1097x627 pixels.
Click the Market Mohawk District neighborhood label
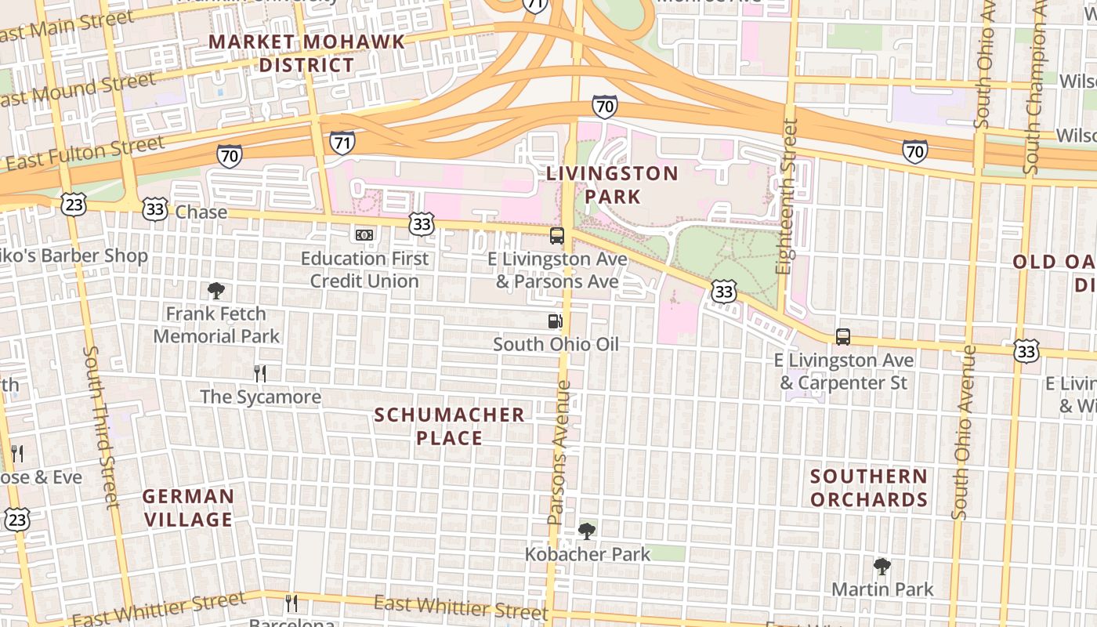(x=307, y=53)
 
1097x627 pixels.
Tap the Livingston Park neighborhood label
(x=612, y=185)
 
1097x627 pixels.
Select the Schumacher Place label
(x=449, y=426)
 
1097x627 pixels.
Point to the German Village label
(x=188, y=508)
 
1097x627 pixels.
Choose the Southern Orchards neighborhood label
(x=869, y=487)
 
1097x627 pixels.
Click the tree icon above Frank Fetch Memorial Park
(x=216, y=291)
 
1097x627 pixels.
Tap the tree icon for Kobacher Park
(x=586, y=531)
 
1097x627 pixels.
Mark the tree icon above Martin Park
(x=882, y=566)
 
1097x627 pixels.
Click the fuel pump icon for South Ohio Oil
(x=555, y=321)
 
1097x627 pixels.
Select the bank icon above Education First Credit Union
(x=364, y=234)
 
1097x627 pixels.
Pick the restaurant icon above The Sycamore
(x=260, y=373)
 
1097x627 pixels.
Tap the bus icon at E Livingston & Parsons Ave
(x=557, y=235)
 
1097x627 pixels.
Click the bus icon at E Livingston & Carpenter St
(x=843, y=337)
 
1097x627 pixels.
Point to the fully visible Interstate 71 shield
(x=342, y=142)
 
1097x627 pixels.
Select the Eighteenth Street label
(x=788, y=196)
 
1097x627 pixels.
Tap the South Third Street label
(x=102, y=427)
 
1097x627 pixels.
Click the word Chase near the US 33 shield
(x=201, y=212)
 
